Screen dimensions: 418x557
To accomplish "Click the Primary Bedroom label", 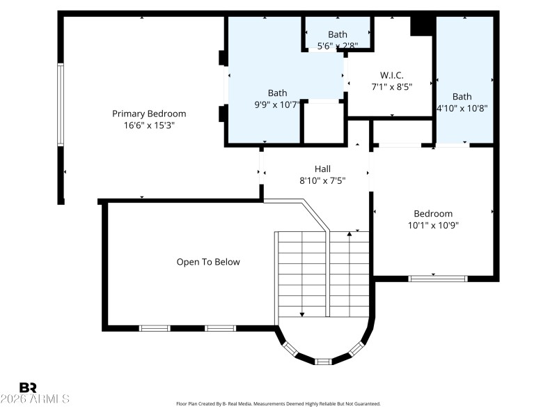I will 149,114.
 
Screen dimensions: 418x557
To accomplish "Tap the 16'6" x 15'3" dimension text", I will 149,126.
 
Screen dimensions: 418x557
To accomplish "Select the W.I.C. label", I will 391,75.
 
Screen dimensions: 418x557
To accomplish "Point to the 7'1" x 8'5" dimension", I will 391,88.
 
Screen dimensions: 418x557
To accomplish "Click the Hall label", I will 322,169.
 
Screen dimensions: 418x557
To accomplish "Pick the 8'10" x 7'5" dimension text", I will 322,180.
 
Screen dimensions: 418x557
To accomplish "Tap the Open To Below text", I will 207,262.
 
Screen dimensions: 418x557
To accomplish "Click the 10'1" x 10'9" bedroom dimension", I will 433,225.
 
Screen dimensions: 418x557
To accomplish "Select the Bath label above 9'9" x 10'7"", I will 277,93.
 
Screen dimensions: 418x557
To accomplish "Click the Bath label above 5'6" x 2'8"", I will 338,34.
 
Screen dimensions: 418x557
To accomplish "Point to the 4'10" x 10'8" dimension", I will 462,108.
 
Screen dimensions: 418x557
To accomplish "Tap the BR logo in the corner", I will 28,387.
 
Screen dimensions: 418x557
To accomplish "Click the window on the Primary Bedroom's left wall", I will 61,104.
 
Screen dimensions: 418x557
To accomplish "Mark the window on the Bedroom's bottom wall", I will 437,278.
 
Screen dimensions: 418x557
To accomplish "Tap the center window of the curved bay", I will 323,361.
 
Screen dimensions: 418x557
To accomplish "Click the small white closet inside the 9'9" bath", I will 323,123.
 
